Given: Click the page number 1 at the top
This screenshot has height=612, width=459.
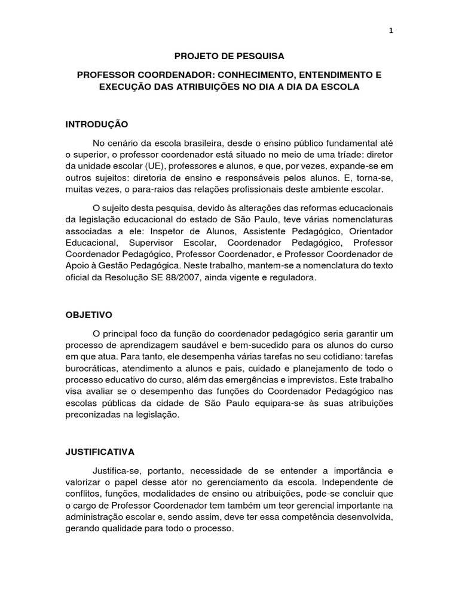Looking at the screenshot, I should (390, 32).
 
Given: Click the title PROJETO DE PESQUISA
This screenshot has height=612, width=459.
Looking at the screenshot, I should (229, 57).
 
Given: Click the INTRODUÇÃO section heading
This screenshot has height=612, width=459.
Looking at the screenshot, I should (97, 124).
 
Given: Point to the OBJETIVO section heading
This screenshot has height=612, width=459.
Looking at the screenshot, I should (89, 314).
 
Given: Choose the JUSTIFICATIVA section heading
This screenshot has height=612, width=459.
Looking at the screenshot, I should (100, 452).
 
